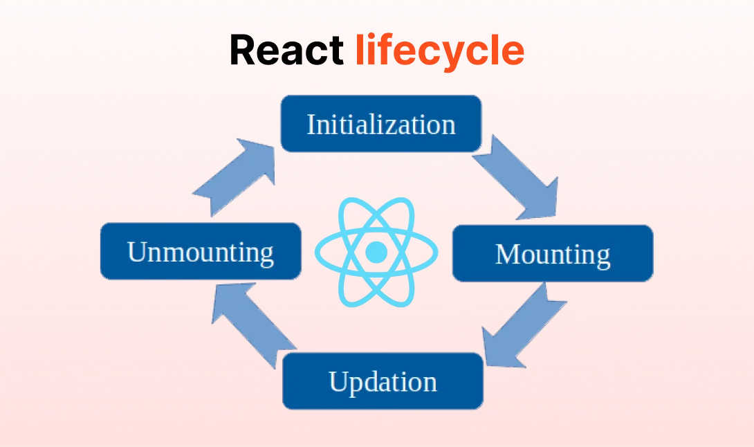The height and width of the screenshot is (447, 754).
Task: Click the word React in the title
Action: click(x=286, y=50)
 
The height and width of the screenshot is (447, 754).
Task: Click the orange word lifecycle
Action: click(x=439, y=50)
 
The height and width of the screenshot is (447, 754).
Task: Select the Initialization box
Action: click(x=380, y=124)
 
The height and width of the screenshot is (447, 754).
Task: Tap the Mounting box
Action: click(x=552, y=253)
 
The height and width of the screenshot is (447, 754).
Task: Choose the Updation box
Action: click(x=383, y=381)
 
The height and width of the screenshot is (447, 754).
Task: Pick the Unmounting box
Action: click(x=201, y=251)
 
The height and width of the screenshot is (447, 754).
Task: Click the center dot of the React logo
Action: click(x=376, y=251)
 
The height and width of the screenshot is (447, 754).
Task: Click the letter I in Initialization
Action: click(x=311, y=125)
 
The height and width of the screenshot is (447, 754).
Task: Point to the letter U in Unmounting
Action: click(x=136, y=251)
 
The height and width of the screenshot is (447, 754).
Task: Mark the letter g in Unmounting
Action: click(x=266, y=255)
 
